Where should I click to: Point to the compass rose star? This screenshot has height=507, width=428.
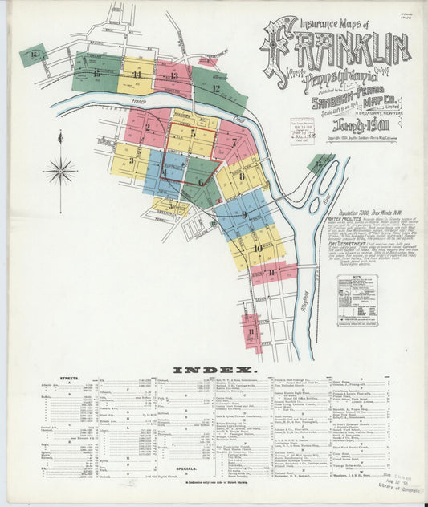point(59,169)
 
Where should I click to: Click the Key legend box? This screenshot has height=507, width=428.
point(357,299)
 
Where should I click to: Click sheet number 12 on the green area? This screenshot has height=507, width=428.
point(215,88)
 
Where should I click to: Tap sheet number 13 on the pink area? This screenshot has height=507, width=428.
point(174,76)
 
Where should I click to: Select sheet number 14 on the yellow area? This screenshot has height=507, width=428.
point(137,75)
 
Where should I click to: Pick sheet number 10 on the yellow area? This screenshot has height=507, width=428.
point(258,248)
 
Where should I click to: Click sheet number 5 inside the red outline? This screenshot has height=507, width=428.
point(193,133)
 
